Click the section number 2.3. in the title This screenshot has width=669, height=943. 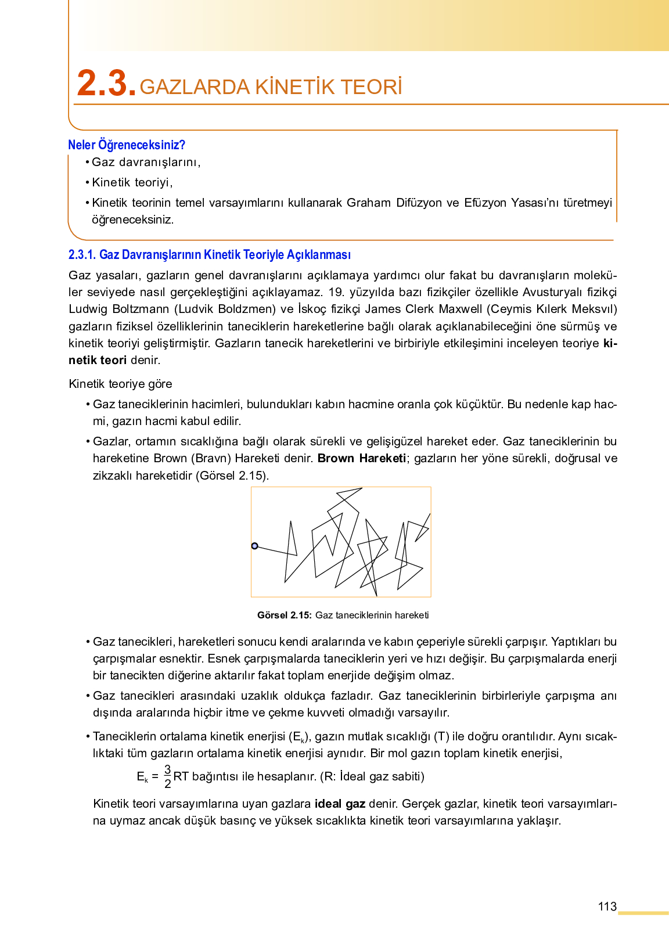click(x=106, y=84)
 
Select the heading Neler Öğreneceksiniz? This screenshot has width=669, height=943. click(x=127, y=145)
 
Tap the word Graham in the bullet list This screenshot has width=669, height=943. click(x=369, y=203)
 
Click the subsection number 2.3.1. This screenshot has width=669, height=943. click(x=82, y=254)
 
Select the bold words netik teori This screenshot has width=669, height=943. click(x=98, y=360)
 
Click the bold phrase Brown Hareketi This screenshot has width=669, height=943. click(x=361, y=458)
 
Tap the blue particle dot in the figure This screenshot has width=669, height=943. click(x=254, y=546)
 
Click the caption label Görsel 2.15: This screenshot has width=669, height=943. click(x=284, y=615)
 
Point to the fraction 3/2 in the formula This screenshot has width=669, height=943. click(x=167, y=776)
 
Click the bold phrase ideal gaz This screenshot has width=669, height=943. click(x=340, y=804)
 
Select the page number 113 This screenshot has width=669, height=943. click(x=607, y=906)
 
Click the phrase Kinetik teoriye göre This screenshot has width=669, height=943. click(x=120, y=384)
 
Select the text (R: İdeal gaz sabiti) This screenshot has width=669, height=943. click(x=372, y=776)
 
